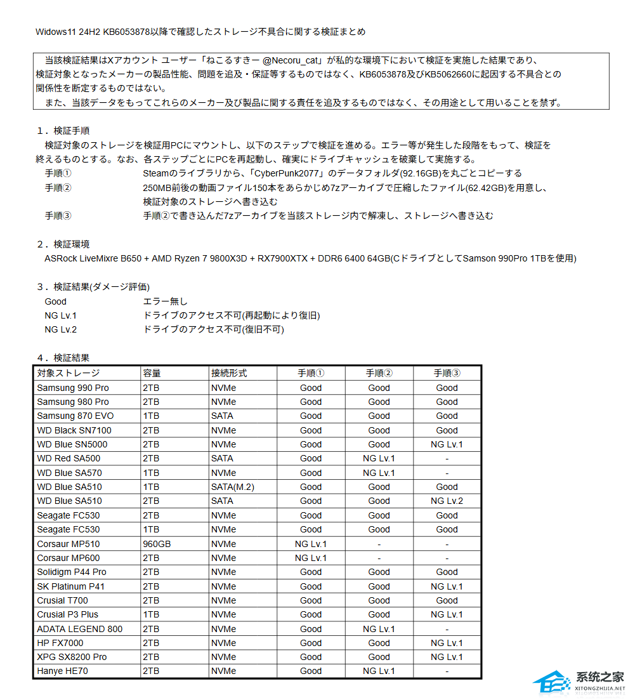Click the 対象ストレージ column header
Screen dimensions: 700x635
coord(69,373)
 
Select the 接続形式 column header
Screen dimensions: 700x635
coord(229,373)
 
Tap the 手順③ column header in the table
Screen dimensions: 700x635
coord(447,373)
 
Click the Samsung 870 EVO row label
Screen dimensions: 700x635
coord(75,416)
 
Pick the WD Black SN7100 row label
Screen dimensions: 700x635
coord(74,430)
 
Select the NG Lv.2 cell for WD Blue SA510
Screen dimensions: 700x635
coord(447,501)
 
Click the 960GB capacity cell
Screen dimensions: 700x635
coord(157,544)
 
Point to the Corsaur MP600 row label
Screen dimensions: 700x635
coord(69,558)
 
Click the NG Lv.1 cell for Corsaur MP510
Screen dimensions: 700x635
coord(311,544)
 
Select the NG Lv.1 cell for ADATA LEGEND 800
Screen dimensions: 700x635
coord(379,629)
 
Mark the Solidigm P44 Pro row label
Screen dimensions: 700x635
coord(72,572)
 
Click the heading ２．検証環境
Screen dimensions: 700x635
coord(63,244)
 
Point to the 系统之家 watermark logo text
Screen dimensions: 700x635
coord(599,677)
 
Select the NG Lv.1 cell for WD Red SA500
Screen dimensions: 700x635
coord(379,458)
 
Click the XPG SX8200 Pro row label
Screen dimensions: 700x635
coord(72,657)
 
